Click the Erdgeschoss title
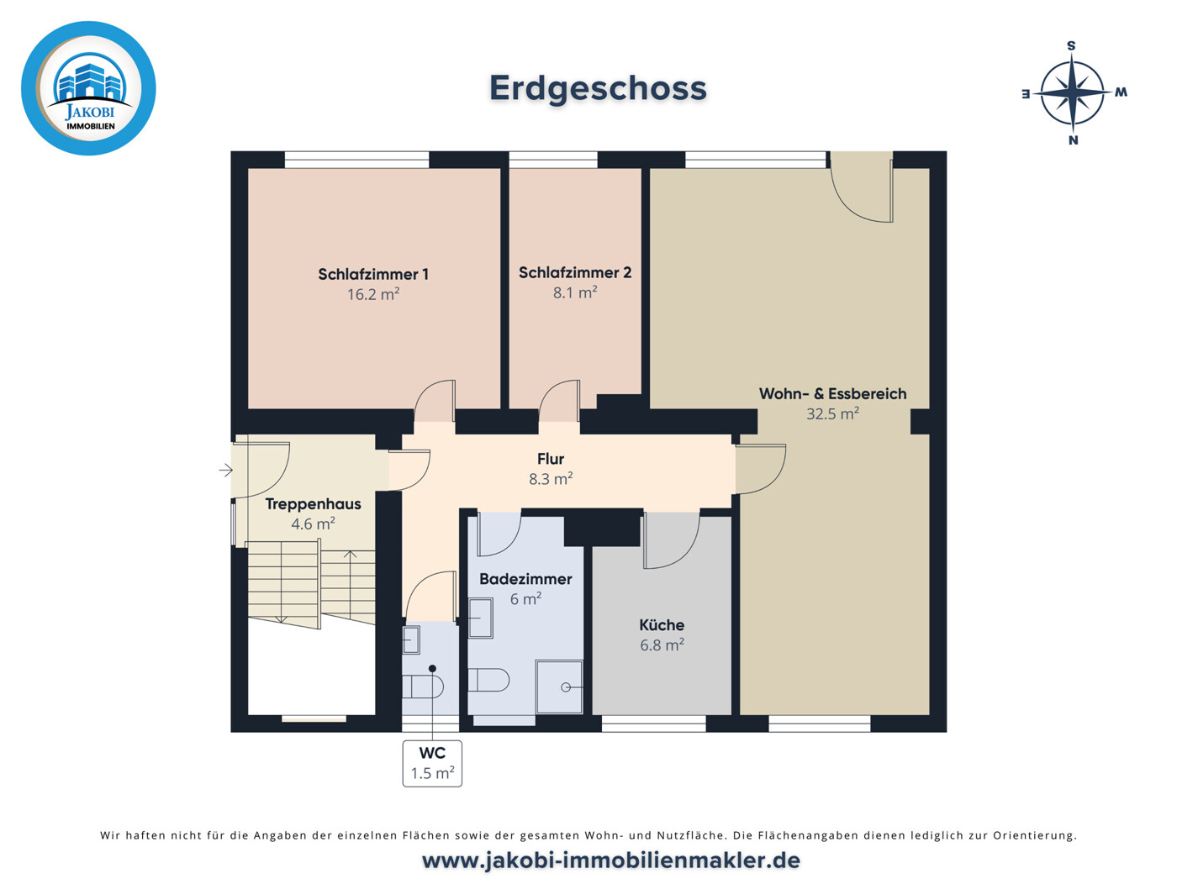point(598,88)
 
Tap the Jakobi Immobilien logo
point(88,88)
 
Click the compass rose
point(1073,92)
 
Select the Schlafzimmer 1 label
point(373,274)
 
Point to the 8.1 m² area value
point(575,293)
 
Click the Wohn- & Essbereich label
point(832,393)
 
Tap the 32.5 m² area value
point(832,414)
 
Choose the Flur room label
point(551,459)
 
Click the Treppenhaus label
point(313,504)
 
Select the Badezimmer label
point(525,579)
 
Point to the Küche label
point(662,625)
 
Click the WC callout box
point(432,763)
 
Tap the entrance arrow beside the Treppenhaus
point(226,470)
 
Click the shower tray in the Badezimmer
point(559,687)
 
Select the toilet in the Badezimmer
point(489,680)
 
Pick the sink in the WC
point(411,640)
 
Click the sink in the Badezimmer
point(480,618)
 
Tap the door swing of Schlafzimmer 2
point(559,401)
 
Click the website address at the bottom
point(610,860)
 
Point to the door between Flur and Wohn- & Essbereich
point(760,469)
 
